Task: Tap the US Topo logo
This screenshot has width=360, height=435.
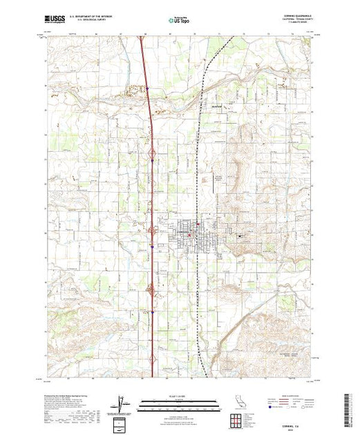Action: (180, 21)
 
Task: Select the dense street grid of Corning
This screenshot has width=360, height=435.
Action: (187, 235)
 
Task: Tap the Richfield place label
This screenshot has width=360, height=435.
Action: (216, 107)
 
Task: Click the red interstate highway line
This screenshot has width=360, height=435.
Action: (149, 138)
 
